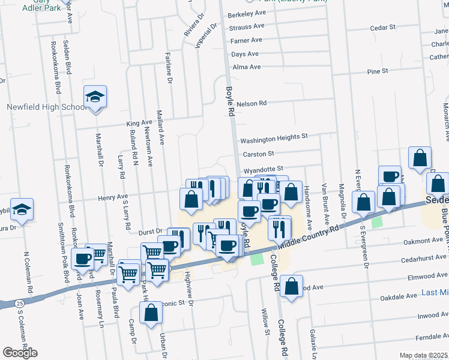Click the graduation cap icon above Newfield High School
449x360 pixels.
pos(94,97)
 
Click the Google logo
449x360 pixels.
pos(20,353)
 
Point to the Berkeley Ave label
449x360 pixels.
pos(247,13)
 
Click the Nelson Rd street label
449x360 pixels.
pos(252,103)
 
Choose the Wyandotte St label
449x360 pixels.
pos(263,170)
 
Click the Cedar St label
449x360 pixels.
pos(383,28)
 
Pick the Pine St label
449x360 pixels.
pos(378,71)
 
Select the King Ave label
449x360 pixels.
pos(135,122)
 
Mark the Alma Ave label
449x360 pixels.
pos(246,67)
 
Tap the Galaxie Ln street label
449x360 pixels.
pos(313,342)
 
